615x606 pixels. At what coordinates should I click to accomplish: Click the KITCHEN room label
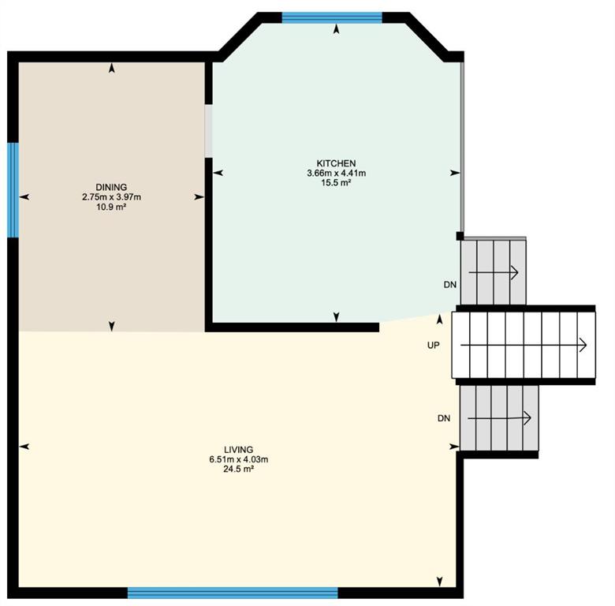[336, 163]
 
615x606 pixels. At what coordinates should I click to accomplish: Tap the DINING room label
[111, 187]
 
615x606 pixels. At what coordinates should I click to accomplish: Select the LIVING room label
[238, 450]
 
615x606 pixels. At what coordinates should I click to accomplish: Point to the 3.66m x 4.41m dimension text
[336, 173]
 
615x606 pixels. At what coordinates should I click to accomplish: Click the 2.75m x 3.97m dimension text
[111, 197]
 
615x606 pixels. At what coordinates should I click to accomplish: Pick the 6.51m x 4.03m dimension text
[238, 459]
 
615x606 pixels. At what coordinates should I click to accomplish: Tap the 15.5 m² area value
[336, 182]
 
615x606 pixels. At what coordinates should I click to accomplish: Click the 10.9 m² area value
[111, 207]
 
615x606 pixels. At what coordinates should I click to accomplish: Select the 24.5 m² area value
[238, 469]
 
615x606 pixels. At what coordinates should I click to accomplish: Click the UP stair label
[434, 346]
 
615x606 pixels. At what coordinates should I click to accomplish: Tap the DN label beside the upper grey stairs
[450, 285]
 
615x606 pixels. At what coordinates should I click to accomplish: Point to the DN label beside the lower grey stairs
[444, 418]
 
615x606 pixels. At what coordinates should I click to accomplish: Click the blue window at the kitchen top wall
[332, 17]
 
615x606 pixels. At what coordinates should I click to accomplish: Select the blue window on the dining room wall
[13, 190]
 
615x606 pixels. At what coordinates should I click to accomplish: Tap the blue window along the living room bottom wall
[233, 593]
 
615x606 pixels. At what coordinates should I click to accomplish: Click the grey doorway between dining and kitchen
[209, 131]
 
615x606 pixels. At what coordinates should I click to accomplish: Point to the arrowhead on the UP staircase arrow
[583, 346]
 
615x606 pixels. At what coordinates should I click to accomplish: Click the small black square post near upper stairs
[460, 236]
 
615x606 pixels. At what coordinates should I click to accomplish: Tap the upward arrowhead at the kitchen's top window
[336, 29]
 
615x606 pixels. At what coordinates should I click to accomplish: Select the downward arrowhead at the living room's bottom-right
[440, 582]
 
